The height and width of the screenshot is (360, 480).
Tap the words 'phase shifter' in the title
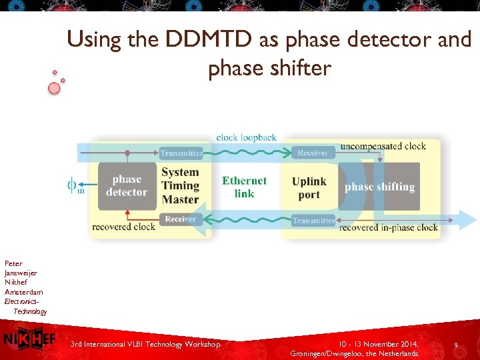269,68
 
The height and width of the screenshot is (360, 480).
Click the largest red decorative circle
54,88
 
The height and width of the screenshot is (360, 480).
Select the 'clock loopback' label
246,137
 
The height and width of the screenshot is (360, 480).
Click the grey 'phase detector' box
127,186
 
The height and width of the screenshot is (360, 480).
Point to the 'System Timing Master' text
180,186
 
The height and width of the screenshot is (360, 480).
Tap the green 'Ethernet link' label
244,187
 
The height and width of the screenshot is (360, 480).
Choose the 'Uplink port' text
309,188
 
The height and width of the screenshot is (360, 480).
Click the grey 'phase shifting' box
379,187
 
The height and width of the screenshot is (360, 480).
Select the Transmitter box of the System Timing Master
181,153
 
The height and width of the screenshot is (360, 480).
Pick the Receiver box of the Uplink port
313,153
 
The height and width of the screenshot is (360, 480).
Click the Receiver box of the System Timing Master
181,219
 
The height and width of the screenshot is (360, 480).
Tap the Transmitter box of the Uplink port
313,221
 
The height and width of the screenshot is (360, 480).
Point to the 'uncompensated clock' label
383,146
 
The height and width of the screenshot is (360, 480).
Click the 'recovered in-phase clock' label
389,228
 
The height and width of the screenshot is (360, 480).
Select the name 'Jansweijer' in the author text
21,273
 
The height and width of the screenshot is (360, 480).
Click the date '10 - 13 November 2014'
377,344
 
